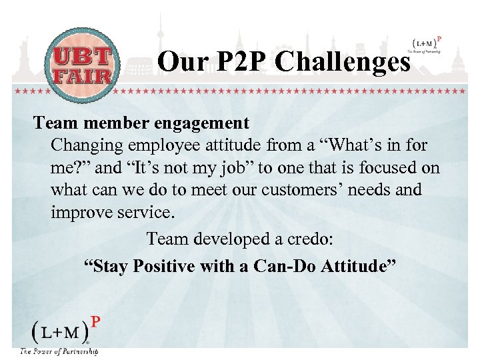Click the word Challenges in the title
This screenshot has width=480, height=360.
click(x=343, y=63)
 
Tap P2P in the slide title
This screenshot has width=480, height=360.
click(x=237, y=63)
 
